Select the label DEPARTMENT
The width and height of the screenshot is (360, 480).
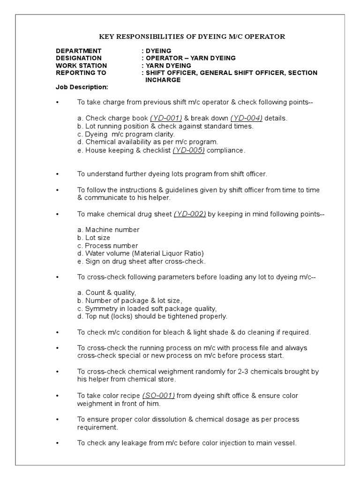point(78,51)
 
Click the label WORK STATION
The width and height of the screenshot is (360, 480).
point(81,66)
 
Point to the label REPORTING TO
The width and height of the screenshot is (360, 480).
point(81,73)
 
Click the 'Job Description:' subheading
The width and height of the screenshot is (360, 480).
point(82,87)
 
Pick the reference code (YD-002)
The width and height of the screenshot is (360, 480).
point(190,214)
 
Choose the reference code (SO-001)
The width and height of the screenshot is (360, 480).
point(159,396)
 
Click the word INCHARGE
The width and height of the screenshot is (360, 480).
point(162,80)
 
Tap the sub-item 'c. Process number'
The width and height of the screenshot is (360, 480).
point(108,246)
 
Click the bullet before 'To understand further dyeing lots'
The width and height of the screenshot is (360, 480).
point(57,174)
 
